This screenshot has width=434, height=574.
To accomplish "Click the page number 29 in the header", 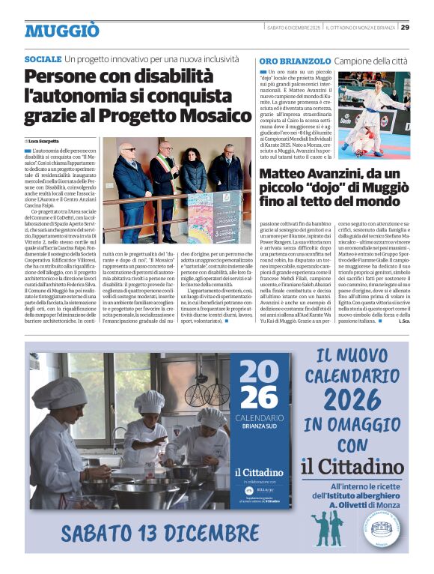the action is (x=405, y=28).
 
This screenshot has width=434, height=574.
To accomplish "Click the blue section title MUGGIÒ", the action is (x=61, y=31).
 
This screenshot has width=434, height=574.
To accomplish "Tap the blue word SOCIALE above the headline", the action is (x=43, y=58).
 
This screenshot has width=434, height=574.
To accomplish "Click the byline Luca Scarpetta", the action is (x=44, y=141).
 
